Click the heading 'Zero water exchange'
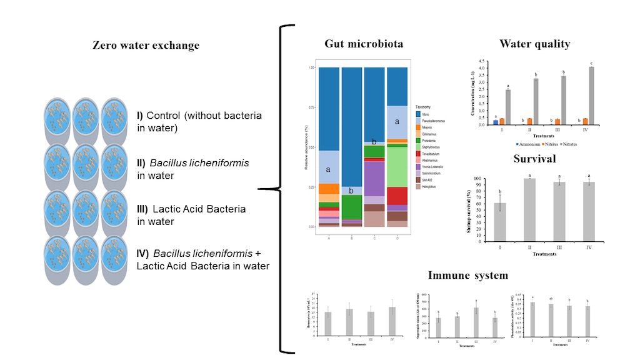tap(146, 45)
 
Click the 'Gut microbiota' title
tap(364, 44)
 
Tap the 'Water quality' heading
tap(534, 44)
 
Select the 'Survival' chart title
tap(534, 159)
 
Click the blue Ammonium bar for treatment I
tap(496, 122)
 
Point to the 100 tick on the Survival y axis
tap(485, 179)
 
